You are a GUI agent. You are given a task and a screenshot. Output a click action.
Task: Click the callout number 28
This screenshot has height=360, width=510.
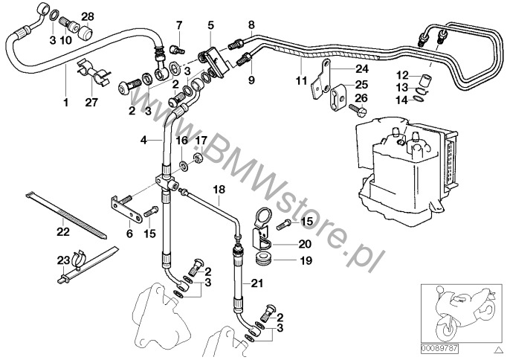pos(88,16)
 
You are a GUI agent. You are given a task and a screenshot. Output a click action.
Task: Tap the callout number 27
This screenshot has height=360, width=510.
pos(91,102)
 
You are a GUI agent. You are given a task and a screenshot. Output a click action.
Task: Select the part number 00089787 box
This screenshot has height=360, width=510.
pos(440,349)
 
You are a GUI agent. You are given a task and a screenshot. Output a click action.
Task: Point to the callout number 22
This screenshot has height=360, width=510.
pos(63,232)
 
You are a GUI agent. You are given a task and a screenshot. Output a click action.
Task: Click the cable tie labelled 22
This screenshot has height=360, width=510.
pos(66,216)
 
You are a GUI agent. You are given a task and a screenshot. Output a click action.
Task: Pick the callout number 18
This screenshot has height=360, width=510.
pos(219,190)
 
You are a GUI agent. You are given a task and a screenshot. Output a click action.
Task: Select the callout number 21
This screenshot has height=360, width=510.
pos(257,283)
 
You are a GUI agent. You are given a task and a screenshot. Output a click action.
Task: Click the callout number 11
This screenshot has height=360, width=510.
pos(302,80)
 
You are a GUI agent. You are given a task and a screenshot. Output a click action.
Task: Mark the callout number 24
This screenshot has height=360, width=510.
pos(361,69)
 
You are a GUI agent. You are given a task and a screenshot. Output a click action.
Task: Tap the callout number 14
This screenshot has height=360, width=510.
pos(401,100)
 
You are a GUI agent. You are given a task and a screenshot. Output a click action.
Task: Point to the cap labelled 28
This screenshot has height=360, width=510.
pos(86,32)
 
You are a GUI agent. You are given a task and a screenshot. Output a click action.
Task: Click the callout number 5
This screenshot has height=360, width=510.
pos(211,25)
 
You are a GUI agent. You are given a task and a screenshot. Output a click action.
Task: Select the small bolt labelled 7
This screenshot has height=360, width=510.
pos(177,50)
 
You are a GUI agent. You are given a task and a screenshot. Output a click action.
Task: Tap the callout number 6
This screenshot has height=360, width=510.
pos(129,234)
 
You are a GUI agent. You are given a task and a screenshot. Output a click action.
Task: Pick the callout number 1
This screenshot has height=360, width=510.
pos(66,102)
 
